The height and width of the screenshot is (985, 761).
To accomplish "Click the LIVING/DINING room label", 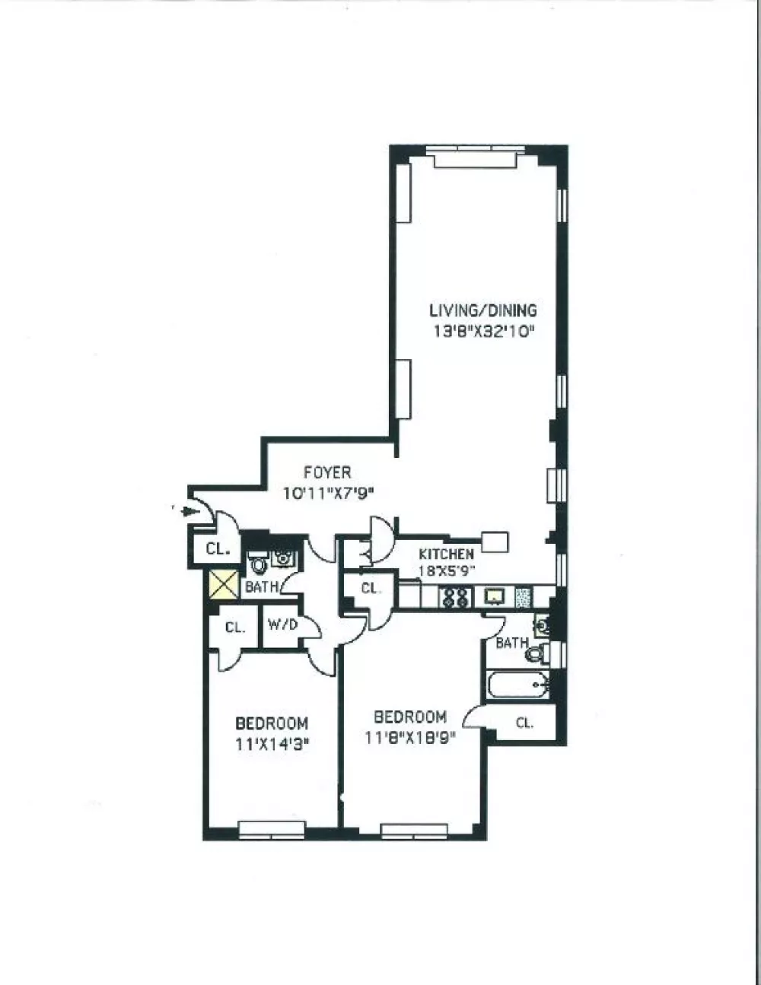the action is tap(483, 311).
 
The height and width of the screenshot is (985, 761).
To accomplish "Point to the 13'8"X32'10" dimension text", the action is tap(482, 332).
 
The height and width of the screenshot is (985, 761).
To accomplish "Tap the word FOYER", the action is tap(327, 473).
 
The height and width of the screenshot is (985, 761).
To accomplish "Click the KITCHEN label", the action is tap(446, 554).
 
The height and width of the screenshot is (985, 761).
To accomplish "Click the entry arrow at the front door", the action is tap(190, 511).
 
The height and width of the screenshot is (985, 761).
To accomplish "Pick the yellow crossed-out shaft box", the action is tap(224, 584).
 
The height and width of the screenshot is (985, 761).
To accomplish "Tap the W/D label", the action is tap(282, 624).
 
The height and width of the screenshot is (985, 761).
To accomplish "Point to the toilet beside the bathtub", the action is tap(538, 653).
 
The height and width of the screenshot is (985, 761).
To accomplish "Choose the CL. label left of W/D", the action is tap(235, 628).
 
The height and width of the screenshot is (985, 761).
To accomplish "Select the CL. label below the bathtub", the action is tap(525, 723).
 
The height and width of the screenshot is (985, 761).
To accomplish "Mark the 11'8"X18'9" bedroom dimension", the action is tap(410, 738).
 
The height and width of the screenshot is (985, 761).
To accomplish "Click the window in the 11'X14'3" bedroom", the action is tap(272, 830).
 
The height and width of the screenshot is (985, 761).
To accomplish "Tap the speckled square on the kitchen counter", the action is tap(524, 597).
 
